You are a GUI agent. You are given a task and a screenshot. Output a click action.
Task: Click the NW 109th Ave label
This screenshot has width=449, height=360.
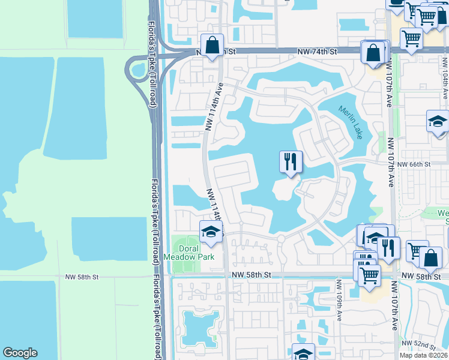coord(339,300)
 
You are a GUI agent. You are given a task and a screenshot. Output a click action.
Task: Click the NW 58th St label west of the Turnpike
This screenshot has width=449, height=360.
coord(82,277)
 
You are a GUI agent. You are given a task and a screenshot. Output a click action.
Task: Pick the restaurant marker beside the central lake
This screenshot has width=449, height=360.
coord(291,162)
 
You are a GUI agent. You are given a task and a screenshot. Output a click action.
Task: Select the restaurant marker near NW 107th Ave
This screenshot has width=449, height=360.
coord(388,247)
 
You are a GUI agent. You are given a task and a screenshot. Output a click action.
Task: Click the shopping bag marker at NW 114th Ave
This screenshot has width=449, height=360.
coord(212,45)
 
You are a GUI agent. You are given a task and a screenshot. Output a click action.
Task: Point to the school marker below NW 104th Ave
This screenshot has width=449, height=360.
coord(438,121)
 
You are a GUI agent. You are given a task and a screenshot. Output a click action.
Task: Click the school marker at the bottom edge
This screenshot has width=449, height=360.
coord(303,353)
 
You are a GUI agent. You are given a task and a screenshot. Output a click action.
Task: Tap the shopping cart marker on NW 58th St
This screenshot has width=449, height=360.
coord(370,275)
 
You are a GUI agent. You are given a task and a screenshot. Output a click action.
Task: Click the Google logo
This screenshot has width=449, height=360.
coord(20,353)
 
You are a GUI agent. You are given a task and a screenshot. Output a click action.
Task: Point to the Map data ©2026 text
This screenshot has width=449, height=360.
coord(423,355)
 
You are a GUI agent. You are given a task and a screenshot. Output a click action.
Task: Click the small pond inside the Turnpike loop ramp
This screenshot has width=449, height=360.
coord(137,70)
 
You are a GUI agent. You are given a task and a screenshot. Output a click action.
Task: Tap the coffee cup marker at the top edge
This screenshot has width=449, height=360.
coord(396,3)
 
